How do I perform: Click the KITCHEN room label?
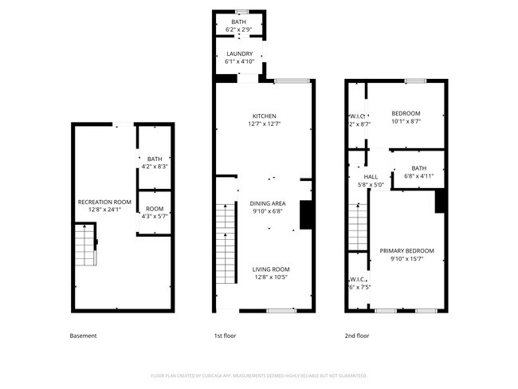(264, 116)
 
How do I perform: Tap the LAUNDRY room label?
(239, 53)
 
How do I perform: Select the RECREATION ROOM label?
(104, 202)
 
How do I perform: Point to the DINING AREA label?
(267, 203)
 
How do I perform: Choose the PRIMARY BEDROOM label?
(406, 251)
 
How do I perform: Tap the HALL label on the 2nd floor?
(371, 177)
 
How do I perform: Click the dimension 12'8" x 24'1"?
(104, 210)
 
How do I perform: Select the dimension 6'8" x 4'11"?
(418, 176)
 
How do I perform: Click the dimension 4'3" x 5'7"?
(154, 216)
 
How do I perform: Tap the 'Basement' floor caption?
(84, 336)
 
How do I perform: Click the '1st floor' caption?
(226, 336)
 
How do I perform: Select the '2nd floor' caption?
(356, 336)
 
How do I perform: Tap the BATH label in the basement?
(154, 159)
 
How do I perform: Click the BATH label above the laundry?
(239, 22)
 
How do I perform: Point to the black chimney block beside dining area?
(305, 215)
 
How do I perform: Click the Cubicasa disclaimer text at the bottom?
(258, 375)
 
